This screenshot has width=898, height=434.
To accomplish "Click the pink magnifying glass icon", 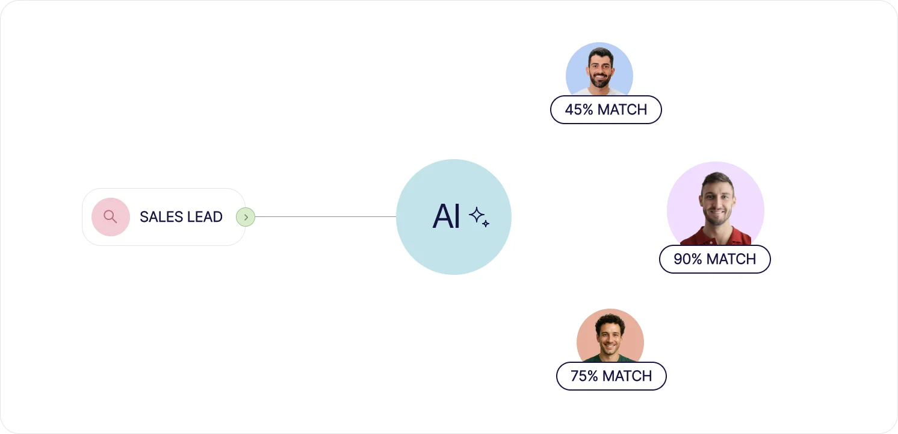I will tap(110, 216).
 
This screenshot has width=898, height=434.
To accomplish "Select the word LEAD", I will tap(204, 217).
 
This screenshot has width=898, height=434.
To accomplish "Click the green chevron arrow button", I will tap(246, 217).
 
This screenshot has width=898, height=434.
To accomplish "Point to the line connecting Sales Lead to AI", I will tap(325, 216).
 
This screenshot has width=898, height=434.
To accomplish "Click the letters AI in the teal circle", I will tap(446, 217).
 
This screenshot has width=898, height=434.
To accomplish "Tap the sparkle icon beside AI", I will tap(479, 217).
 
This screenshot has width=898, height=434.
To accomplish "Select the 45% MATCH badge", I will tap(605, 110).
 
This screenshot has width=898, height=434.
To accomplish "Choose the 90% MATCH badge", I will tap(714, 259).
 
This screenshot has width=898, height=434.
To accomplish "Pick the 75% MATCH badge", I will tap(611, 376).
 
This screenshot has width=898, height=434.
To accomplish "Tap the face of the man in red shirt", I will tap(716, 202).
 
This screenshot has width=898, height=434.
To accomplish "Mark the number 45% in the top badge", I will tap(578, 110).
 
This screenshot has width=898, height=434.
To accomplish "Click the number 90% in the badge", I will tap(688, 259).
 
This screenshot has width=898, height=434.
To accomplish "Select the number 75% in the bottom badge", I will tap(584, 376).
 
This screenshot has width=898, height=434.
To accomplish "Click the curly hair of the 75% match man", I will tap(610, 321).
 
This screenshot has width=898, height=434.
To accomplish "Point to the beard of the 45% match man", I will tap(600, 81).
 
